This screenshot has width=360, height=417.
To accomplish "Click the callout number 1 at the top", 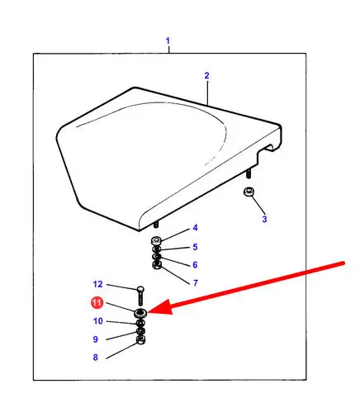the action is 168,41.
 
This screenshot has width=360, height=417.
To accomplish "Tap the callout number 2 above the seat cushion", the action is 206,76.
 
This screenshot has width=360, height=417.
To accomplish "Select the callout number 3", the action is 264,220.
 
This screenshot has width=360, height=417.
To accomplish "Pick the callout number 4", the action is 195,228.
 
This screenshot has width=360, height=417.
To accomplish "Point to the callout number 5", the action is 195,247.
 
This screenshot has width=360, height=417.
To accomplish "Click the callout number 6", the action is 195,265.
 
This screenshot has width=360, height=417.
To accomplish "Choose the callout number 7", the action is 196,283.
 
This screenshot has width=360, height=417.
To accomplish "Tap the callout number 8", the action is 95,358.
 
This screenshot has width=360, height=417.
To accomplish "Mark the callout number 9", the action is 95,339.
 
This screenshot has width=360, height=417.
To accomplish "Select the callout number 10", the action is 98,321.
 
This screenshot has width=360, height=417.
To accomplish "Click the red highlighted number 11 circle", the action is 97,303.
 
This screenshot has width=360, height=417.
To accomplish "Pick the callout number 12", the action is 97,284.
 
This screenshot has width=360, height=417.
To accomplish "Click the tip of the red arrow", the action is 148,312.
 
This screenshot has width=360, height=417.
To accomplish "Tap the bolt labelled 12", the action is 140,296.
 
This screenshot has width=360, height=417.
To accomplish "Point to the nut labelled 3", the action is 249,192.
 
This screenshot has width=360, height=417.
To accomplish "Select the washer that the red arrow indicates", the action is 140,313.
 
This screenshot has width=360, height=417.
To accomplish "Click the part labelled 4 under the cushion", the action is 156,240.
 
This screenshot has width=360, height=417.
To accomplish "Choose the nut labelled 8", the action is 140,339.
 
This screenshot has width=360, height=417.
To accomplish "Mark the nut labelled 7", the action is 157,265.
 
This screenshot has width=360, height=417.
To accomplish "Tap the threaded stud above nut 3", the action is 249,173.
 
